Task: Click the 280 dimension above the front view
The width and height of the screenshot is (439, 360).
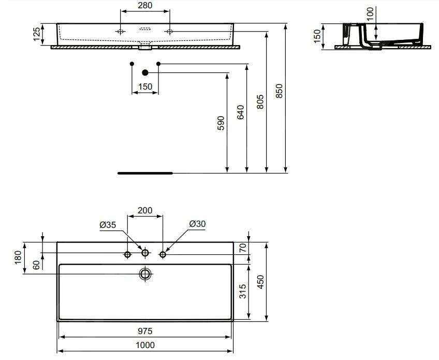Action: click(145, 6)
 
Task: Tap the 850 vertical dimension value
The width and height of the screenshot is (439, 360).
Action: click(280, 91)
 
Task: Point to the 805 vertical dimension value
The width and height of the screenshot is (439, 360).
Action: click(260, 102)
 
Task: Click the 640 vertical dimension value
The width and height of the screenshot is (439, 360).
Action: click(240, 112)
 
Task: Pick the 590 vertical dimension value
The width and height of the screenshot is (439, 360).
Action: click(221, 123)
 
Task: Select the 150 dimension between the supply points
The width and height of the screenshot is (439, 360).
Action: click(145, 87)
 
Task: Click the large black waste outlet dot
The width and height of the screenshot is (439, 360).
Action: click(145, 73)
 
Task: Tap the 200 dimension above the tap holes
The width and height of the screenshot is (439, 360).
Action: click(145, 210)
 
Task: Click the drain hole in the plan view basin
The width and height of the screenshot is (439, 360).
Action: click(145, 273)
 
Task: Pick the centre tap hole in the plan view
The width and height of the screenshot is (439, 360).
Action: click(145, 253)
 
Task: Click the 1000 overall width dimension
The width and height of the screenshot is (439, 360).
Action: click(145, 345)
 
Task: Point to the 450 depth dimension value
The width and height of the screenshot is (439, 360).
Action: click(261, 282)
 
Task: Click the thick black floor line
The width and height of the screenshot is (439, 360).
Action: click(145, 174)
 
